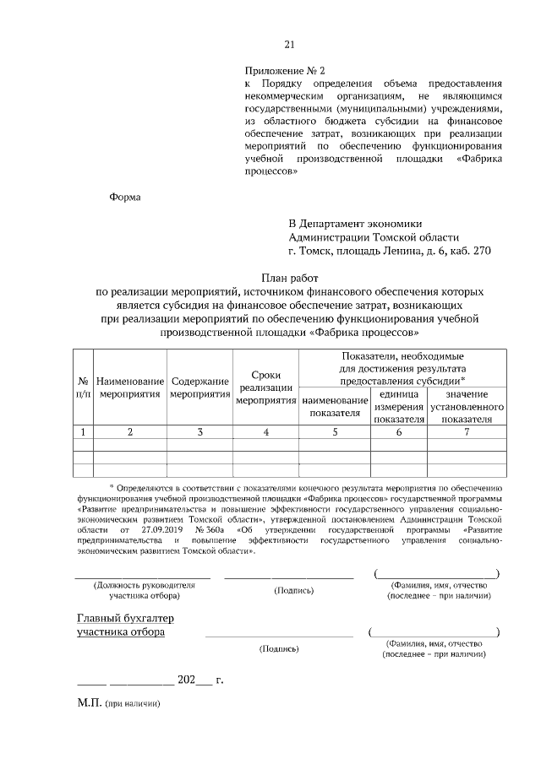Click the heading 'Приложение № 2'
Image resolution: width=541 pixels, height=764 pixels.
278,72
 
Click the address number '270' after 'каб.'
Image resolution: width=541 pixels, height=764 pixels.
481,251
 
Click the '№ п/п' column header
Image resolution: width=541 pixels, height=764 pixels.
83,387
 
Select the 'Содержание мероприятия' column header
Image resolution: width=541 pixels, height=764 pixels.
199,387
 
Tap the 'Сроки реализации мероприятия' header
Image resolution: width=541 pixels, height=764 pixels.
266,387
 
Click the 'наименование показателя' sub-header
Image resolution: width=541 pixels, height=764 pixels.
335,407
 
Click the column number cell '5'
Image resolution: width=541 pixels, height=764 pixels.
335,432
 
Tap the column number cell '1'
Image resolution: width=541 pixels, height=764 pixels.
83,432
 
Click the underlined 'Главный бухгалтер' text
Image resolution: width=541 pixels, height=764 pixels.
126,619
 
